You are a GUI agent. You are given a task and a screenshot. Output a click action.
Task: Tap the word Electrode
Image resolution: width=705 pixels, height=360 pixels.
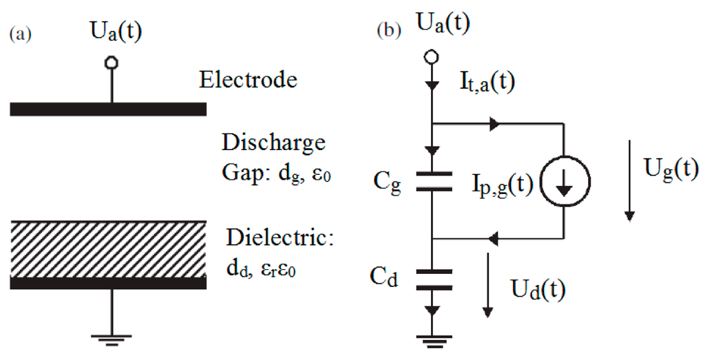tap(248, 80)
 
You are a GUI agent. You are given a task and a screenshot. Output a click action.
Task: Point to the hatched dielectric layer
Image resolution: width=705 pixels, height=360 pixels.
tap(108, 248)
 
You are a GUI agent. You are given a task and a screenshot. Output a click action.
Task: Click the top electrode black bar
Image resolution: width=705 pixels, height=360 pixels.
tap(108, 109)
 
